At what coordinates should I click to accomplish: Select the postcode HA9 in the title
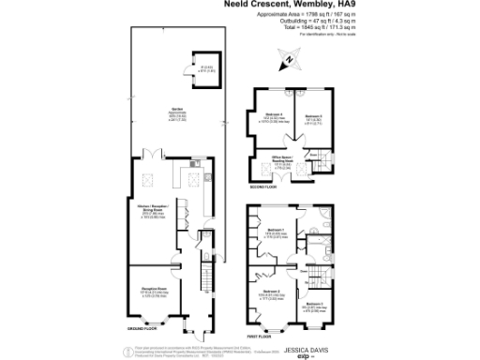tap(361, 5)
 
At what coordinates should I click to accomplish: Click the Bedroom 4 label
tap(274, 115)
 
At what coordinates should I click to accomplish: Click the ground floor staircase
tap(199, 277)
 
